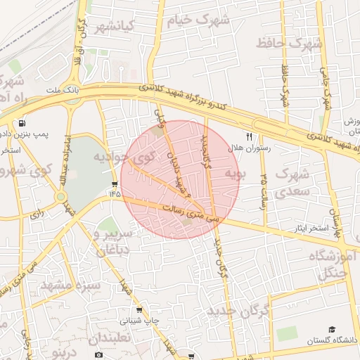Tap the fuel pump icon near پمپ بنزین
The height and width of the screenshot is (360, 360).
(x=24, y=120)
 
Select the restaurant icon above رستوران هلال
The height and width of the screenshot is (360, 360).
(x=248, y=136)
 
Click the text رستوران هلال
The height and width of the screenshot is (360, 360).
(x=256, y=149)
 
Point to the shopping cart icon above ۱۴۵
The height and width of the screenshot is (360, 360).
(x=115, y=184)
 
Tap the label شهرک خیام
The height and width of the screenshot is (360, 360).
(x=199, y=20)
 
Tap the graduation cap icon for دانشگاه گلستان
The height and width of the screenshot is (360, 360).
(x=332, y=329)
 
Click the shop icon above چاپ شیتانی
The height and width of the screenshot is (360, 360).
(x=139, y=309)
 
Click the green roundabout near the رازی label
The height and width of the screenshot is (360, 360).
(x=61, y=197)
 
